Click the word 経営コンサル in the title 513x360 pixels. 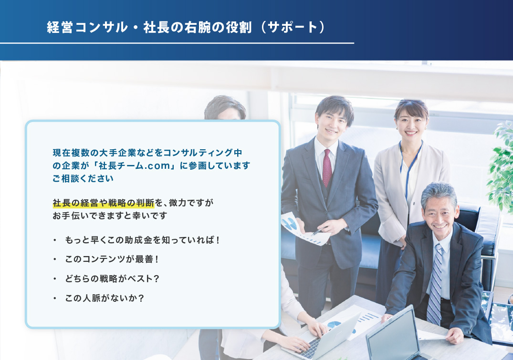click(x=87, y=27)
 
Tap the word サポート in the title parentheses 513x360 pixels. click(x=293, y=27)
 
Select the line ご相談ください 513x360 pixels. click(x=83, y=178)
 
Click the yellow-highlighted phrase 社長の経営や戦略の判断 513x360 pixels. click(x=104, y=203)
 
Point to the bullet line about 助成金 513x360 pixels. click(x=142, y=240)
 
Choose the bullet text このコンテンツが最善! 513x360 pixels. click(x=112, y=259)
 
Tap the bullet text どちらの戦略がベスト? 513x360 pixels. click(x=112, y=278)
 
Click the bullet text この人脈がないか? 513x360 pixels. click(x=105, y=298)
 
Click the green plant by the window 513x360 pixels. click(x=501, y=167)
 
